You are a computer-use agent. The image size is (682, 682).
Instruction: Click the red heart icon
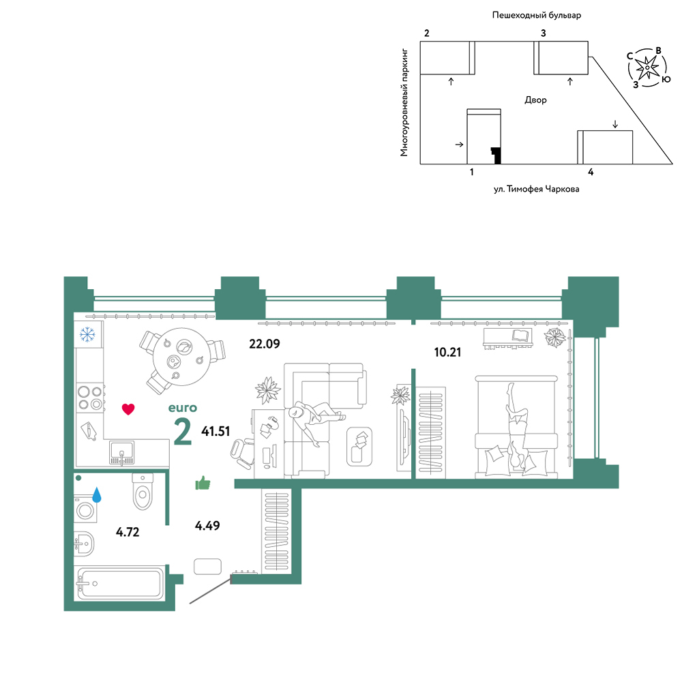tap(128, 409)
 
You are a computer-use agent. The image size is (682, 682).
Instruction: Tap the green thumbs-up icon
tap(203, 483)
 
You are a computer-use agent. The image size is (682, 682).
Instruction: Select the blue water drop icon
tap(97, 495)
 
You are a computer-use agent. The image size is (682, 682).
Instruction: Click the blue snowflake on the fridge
tap(87, 334)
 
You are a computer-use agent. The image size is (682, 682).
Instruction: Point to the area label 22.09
tap(265, 344)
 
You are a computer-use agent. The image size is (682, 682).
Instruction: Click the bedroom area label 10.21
tap(447, 352)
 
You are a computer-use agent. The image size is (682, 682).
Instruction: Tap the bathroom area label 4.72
tap(128, 532)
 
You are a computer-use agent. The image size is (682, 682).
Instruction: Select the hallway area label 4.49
tap(207, 525)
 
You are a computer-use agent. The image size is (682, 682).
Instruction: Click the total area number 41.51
tap(216, 431)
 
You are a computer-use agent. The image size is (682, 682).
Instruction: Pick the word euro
tap(183, 408)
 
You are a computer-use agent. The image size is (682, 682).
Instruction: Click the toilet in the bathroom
tap(143, 492)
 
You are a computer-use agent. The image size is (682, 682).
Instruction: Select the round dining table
tap(182, 357)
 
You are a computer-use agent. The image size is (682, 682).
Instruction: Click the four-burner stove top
tap(90, 398)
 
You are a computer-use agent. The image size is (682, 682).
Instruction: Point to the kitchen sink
tap(122, 452)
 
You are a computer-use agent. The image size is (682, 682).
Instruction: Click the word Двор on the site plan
tap(535, 100)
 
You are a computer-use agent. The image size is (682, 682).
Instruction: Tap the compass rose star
tap(647, 68)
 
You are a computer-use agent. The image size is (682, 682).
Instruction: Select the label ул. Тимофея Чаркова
tap(536, 189)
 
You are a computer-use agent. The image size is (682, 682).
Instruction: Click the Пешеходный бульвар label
tap(537, 15)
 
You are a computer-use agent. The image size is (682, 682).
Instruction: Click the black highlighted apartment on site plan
tap(496, 155)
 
